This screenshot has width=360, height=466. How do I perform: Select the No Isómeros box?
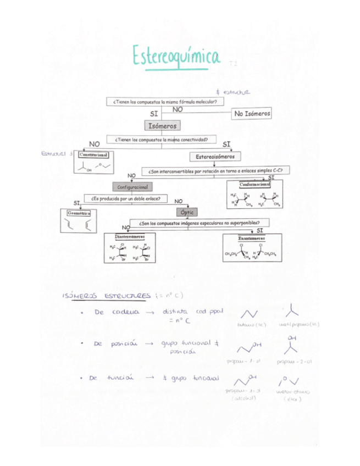[x=252, y=113]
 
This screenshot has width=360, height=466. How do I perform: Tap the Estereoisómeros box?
[x=215, y=157]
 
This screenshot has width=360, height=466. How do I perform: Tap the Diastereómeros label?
[x=134, y=237]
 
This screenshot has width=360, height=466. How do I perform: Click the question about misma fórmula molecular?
[x=164, y=102]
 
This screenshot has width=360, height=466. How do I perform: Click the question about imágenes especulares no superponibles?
[x=199, y=224]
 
